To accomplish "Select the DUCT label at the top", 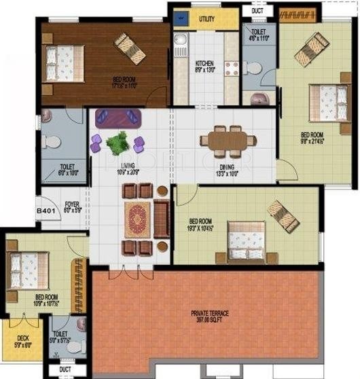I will [x=257, y=11].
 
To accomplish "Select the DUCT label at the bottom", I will [x=65, y=369].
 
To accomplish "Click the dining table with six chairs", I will [x=228, y=140].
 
